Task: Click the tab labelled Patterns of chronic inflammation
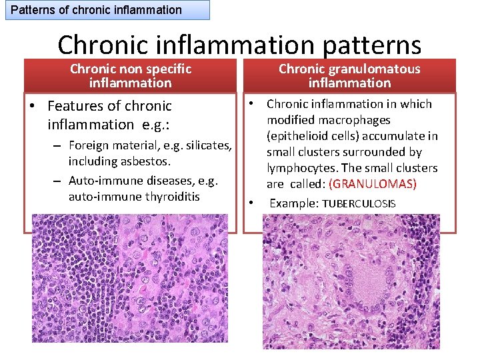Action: click(97, 10)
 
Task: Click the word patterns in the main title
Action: click(365, 45)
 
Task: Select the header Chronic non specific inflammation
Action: click(131, 75)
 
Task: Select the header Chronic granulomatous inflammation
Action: click(349, 75)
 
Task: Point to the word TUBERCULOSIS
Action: click(359, 203)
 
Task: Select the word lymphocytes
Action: click(300, 168)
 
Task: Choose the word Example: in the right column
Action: click(294, 203)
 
